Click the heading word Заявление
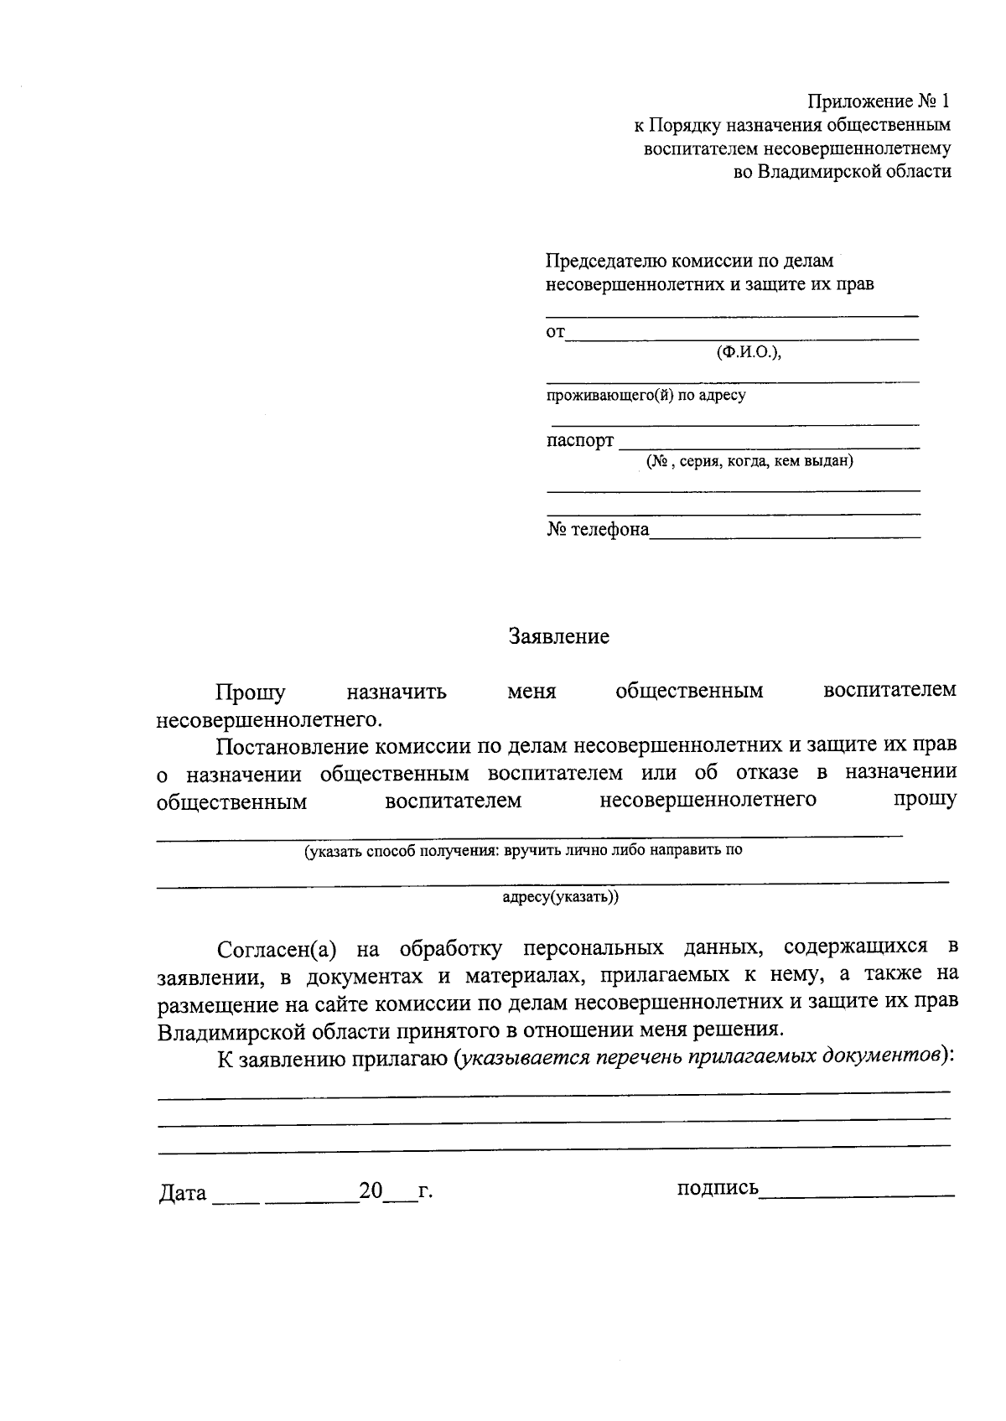(x=559, y=637)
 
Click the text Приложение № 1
(x=879, y=102)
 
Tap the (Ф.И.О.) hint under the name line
(x=749, y=352)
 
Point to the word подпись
(x=718, y=1188)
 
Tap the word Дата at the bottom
(x=183, y=1193)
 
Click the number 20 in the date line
(x=371, y=1190)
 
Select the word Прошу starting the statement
(x=250, y=692)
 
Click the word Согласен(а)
(x=277, y=949)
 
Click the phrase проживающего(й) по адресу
(x=646, y=395)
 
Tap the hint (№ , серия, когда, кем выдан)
(x=749, y=461)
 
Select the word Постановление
(x=290, y=745)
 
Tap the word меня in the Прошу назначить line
(x=532, y=692)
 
